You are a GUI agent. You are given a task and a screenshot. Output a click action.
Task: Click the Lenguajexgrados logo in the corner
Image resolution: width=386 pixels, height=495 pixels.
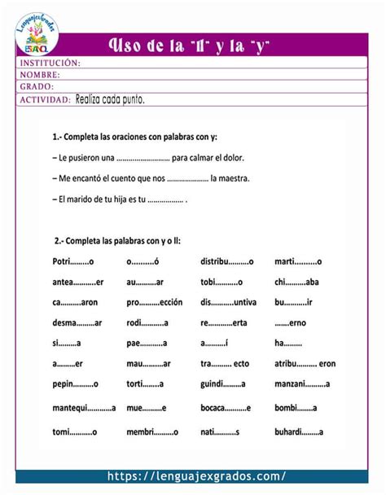pyautogui.click(x=37, y=34)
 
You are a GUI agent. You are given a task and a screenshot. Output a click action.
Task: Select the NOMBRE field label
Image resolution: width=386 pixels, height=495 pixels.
pyautogui.click(x=41, y=75)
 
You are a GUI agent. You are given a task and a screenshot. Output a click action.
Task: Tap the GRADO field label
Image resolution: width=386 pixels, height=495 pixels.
pyautogui.click(x=37, y=86)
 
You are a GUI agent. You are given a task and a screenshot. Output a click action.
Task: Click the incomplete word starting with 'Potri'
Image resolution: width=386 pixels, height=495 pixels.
pyautogui.click(x=74, y=261)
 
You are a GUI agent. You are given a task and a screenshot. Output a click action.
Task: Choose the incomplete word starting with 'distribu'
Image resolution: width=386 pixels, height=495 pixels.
pyautogui.click(x=227, y=261)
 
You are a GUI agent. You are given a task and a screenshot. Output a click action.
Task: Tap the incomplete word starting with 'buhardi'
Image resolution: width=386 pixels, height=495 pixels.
pyautogui.click(x=299, y=431)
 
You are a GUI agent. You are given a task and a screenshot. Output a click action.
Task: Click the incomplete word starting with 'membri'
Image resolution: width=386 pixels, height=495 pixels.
pyautogui.click(x=152, y=431)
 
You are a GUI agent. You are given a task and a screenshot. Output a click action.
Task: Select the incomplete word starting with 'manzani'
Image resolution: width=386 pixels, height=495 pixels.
pyautogui.click(x=301, y=383)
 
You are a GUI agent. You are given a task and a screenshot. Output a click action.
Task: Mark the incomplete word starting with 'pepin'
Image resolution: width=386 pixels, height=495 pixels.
pyautogui.click(x=75, y=383)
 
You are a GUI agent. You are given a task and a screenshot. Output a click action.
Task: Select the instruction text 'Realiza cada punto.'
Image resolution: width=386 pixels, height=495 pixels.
pyautogui.click(x=110, y=99)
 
